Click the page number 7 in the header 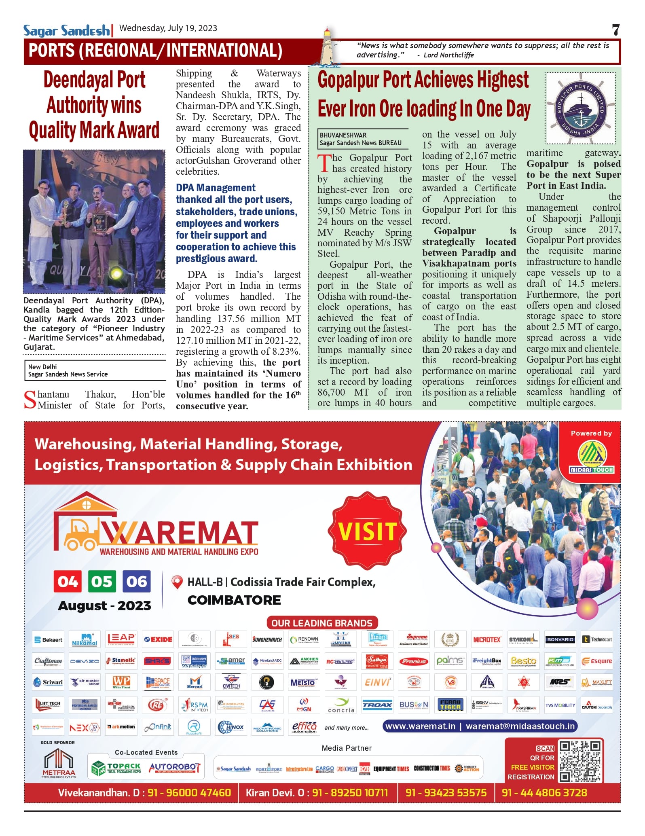click(615, 30)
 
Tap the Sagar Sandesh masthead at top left click(66, 30)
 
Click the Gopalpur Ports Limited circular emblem click(580, 108)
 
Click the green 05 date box click(102, 581)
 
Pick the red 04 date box click(68, 581)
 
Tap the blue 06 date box click(137, 581)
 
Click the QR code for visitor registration click(579, 762)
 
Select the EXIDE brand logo click(159, 639)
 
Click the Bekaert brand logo click(49, 639)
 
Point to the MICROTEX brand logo click(487, 639)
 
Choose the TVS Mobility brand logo click(560, 705)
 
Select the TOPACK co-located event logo click(116, 768)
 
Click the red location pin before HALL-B click(177, 582)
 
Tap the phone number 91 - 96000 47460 click(189, 793)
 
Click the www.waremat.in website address click(420, 726)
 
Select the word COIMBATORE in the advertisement click(234, 600)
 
